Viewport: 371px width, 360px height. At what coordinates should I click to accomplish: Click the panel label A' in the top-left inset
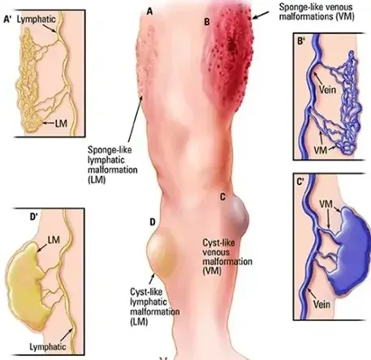coord(8,19)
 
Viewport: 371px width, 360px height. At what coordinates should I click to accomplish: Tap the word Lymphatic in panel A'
coord(37,19)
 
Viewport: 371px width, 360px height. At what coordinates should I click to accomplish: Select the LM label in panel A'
coord(61,123)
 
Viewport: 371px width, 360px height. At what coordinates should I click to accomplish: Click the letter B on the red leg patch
coord(207,22)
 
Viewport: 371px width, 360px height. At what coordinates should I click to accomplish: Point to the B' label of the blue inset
coord(301,41)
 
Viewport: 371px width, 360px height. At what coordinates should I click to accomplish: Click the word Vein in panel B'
coord(327,89)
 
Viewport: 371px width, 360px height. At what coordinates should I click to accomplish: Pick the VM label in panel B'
coord(321,150)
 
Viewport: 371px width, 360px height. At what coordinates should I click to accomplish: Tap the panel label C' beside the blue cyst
coord(300,182)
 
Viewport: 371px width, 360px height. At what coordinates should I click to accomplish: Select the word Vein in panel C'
coord(321,304)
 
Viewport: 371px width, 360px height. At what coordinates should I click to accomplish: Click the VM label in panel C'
coord(326,204)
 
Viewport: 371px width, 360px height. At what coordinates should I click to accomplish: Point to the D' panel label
coord(33,216)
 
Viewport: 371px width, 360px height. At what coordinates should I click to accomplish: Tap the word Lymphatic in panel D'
coord(48,347)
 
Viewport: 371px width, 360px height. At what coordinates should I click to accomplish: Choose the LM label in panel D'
coord(54,240)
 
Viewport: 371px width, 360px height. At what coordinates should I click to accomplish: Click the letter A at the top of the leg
coord(149,11)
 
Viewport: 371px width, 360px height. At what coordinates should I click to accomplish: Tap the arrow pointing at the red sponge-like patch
coord(261,15)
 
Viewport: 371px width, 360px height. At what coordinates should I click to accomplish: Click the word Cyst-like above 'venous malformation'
coord(218,242)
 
